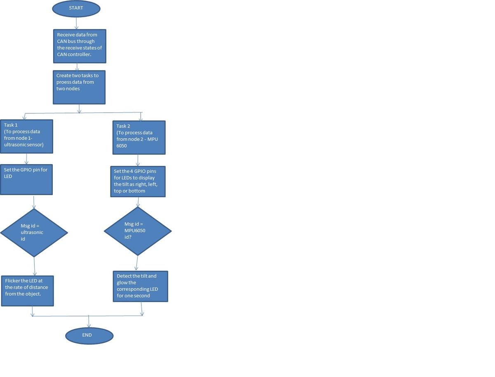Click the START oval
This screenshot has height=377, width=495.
(76, 9)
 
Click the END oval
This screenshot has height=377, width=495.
(89, 336)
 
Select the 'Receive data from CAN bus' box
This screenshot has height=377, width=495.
(80, 46)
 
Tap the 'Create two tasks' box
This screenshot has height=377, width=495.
(79, 87)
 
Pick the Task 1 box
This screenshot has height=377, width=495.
(27, 137)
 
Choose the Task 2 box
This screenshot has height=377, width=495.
(139, 137)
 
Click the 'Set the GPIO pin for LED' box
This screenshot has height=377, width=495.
(26, 179)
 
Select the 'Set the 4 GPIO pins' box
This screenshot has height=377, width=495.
(138, 181)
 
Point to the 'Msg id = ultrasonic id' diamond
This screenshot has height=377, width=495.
(34, 233)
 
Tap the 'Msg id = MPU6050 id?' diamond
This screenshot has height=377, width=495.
(138, 231)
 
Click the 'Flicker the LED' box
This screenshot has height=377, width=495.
(28, 291)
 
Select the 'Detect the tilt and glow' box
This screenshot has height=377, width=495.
(141, 286)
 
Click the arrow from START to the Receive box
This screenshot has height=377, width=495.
(76, 23)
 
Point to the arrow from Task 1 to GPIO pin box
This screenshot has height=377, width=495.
(26, 159)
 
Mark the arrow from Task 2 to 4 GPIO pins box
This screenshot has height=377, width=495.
(138, 160)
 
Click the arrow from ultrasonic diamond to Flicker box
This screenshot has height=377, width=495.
(35, 266)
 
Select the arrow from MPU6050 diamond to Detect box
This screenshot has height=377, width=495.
(137, 263)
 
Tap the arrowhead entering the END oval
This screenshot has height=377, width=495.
(89, 325)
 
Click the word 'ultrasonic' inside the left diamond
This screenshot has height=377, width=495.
(32, 232)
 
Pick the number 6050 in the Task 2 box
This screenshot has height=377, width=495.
(122, 146)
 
